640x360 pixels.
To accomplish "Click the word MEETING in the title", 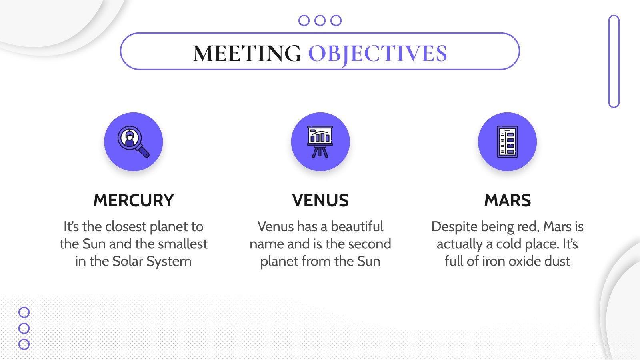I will click(x=247, y=53).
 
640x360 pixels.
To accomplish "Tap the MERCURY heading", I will click(x=134, y=200).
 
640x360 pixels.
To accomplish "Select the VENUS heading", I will click(x=320, y=200).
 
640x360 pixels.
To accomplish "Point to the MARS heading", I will click(x=507, y=200).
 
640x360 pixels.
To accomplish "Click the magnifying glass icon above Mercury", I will click(x=133, y=142).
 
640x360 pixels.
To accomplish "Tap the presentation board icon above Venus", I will click(x=320, y=142).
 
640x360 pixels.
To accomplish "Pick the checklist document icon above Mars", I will click(x=507, y=142).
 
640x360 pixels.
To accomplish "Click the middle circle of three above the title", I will click(x=320, y=20).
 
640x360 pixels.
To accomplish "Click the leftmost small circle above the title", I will click(x=304, y=20).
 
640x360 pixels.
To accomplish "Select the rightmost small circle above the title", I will click(x=336, y=20).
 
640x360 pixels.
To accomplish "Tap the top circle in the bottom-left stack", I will click(x=24, y=312).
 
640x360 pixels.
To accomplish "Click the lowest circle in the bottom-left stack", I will click(x=24, y=344).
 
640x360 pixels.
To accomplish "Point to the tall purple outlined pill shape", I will click(x=614, y=61).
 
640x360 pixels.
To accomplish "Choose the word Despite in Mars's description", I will click(x=454, y=227).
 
